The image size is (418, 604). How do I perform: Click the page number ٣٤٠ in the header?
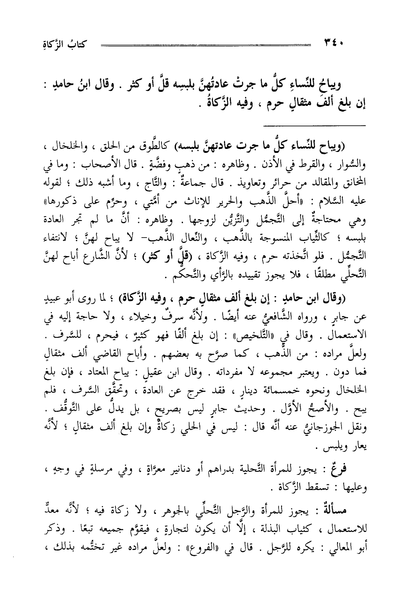[x=335, y=43]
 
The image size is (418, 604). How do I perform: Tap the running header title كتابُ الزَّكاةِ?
[x=62, y=43]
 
